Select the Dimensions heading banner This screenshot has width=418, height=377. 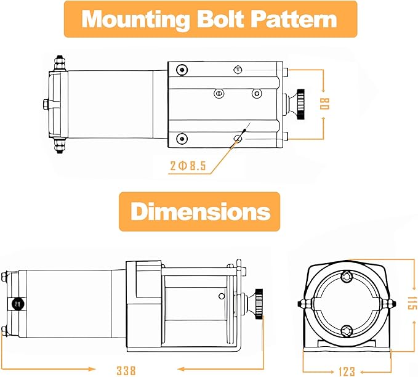point(199,212)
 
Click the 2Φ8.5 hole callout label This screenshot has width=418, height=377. point(188,165)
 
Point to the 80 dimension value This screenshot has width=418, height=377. point(324,104)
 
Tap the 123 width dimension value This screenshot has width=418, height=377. point(347,371)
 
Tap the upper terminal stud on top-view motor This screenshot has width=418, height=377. point(59,62)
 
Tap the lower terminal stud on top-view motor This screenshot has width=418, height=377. point(60,144)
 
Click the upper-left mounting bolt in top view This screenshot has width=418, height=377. point(181,70)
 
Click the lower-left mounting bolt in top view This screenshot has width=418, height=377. point(181,137)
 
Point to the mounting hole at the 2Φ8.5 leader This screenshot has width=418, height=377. point(239,137)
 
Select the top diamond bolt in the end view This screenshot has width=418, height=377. point(347,277)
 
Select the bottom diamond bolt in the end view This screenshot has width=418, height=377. point(347,330)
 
